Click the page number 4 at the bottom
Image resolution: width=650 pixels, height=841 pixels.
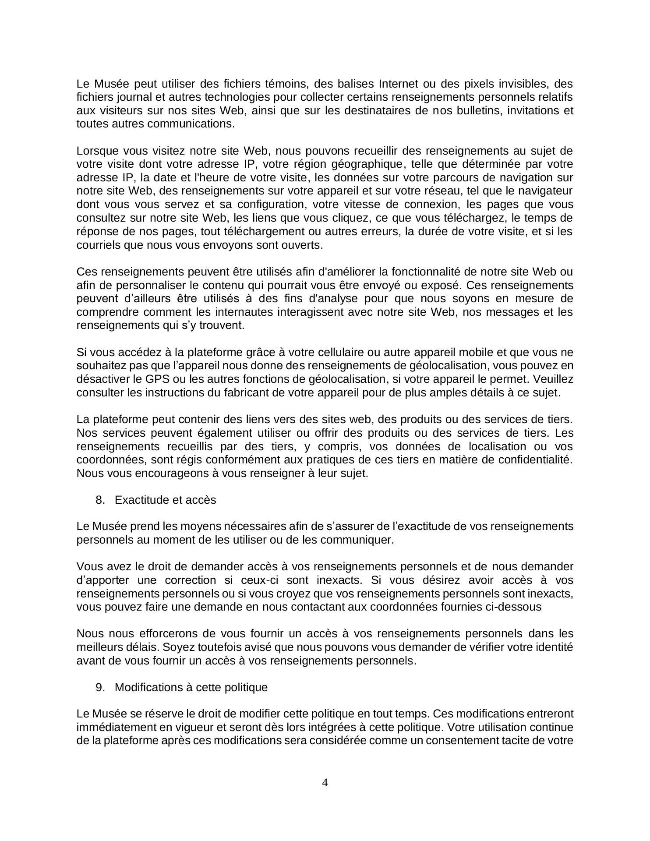click(325, 782)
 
